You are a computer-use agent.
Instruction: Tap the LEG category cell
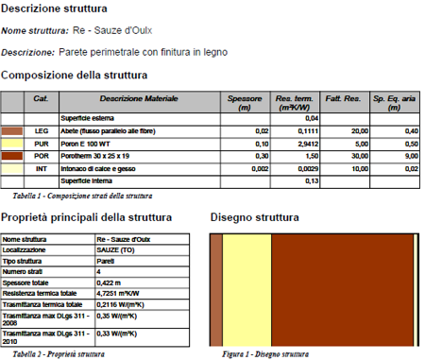pyautogui.click(x=41, y=130)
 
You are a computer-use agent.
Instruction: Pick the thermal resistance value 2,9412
pyautogui.click(x=288, y=144)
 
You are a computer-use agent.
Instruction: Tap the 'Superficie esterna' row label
pyautogui.click(x=115, y=117)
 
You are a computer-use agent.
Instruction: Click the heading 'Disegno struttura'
pyautogui.click(x=255, y=217)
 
